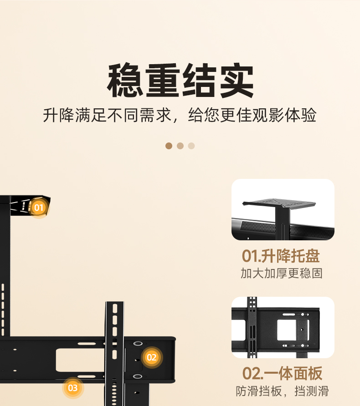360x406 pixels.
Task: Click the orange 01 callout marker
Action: [39, 208]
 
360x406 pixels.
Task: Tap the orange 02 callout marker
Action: [152, 357]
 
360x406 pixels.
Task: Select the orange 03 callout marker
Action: [73, 388]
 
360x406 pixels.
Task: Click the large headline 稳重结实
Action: [180, 81]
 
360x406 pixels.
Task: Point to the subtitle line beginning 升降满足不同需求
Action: [180, 115]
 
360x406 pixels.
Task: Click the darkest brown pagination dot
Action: [169, 146]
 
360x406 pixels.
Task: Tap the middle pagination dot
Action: [180, 146]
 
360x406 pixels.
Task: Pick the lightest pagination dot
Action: [191, 146]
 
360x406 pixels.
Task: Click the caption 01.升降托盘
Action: [281, 256]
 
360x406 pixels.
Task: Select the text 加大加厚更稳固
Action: [282, 274]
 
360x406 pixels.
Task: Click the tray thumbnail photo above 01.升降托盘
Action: [283, 209]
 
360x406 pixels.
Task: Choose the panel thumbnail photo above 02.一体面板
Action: [283, 327]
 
